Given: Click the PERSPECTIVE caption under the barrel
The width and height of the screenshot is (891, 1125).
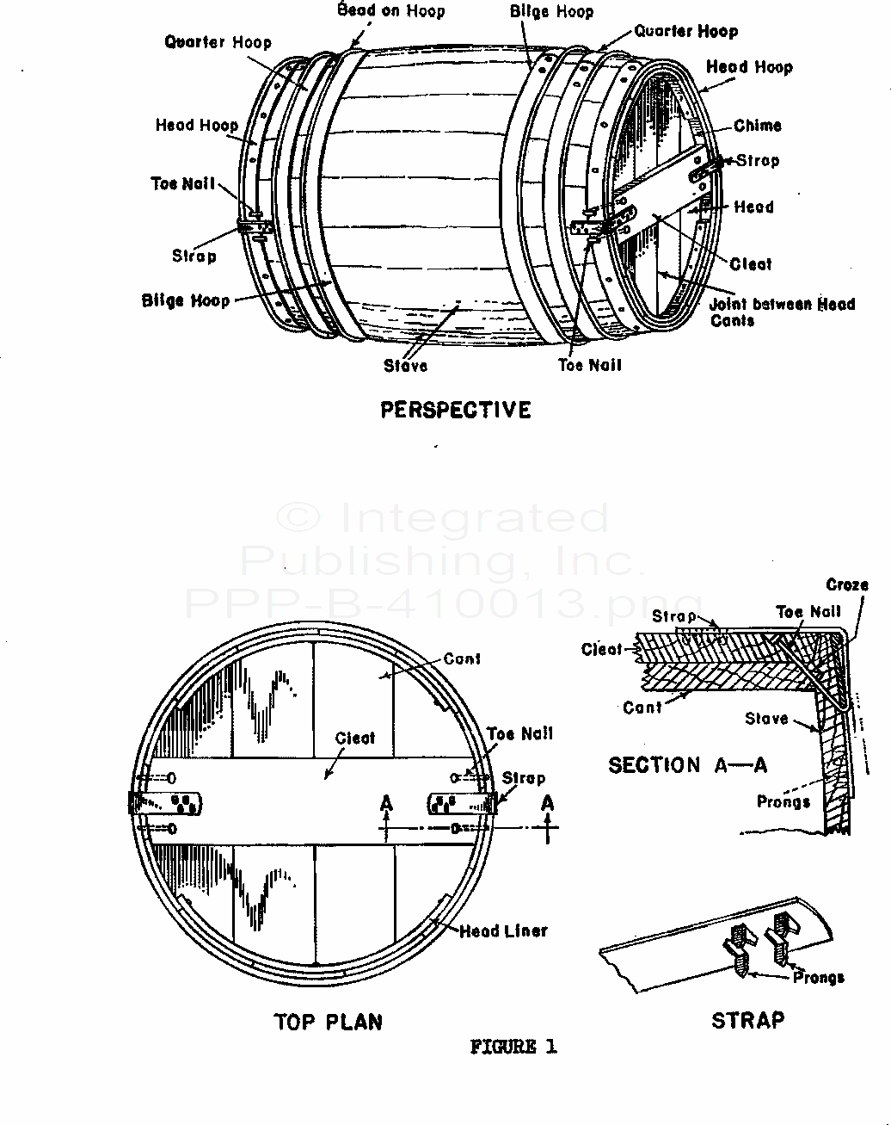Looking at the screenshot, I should (x=456, y=410).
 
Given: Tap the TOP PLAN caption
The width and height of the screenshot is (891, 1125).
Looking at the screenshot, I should (x=328, y=1023).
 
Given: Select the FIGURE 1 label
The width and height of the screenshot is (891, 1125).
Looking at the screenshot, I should (x=513, y=1047).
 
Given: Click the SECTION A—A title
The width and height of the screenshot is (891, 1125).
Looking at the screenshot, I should (x=687, y=765).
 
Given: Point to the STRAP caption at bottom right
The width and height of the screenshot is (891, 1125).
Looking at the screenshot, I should (x=747, y=1021).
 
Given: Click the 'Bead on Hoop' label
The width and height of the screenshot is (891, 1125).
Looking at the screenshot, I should (x=391, y=11).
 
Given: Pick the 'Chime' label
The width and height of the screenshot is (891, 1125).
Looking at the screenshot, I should (x=757, y=126).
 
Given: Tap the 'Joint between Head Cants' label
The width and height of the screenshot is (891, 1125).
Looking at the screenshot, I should (x=781, y=312).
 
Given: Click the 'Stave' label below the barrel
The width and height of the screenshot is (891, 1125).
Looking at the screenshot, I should (x=405, y=366).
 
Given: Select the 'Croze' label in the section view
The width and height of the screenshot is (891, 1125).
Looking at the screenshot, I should (x=846, y=585).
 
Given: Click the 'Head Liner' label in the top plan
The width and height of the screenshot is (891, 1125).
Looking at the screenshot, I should (x=503, y=931).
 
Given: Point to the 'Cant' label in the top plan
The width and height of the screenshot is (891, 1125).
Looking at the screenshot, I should (x=462, y=659).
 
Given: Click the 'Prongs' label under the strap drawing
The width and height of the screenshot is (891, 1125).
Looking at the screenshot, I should (x=818, y=978).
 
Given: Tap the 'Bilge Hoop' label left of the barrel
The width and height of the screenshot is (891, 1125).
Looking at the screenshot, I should (x=186, y=300).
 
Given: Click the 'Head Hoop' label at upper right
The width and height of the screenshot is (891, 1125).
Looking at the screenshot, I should (x=749, y=67).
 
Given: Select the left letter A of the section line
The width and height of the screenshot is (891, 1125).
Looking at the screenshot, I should (x=386, y=804).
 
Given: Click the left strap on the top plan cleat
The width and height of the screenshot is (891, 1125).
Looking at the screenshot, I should (x=166, y=803).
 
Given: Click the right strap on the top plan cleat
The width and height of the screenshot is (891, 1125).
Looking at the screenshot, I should (x=462, y=804).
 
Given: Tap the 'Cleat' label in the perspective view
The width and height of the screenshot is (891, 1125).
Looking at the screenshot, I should (x=750, y=264).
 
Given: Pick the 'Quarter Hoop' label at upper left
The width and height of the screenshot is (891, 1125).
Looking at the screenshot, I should (x=218, y=42).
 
